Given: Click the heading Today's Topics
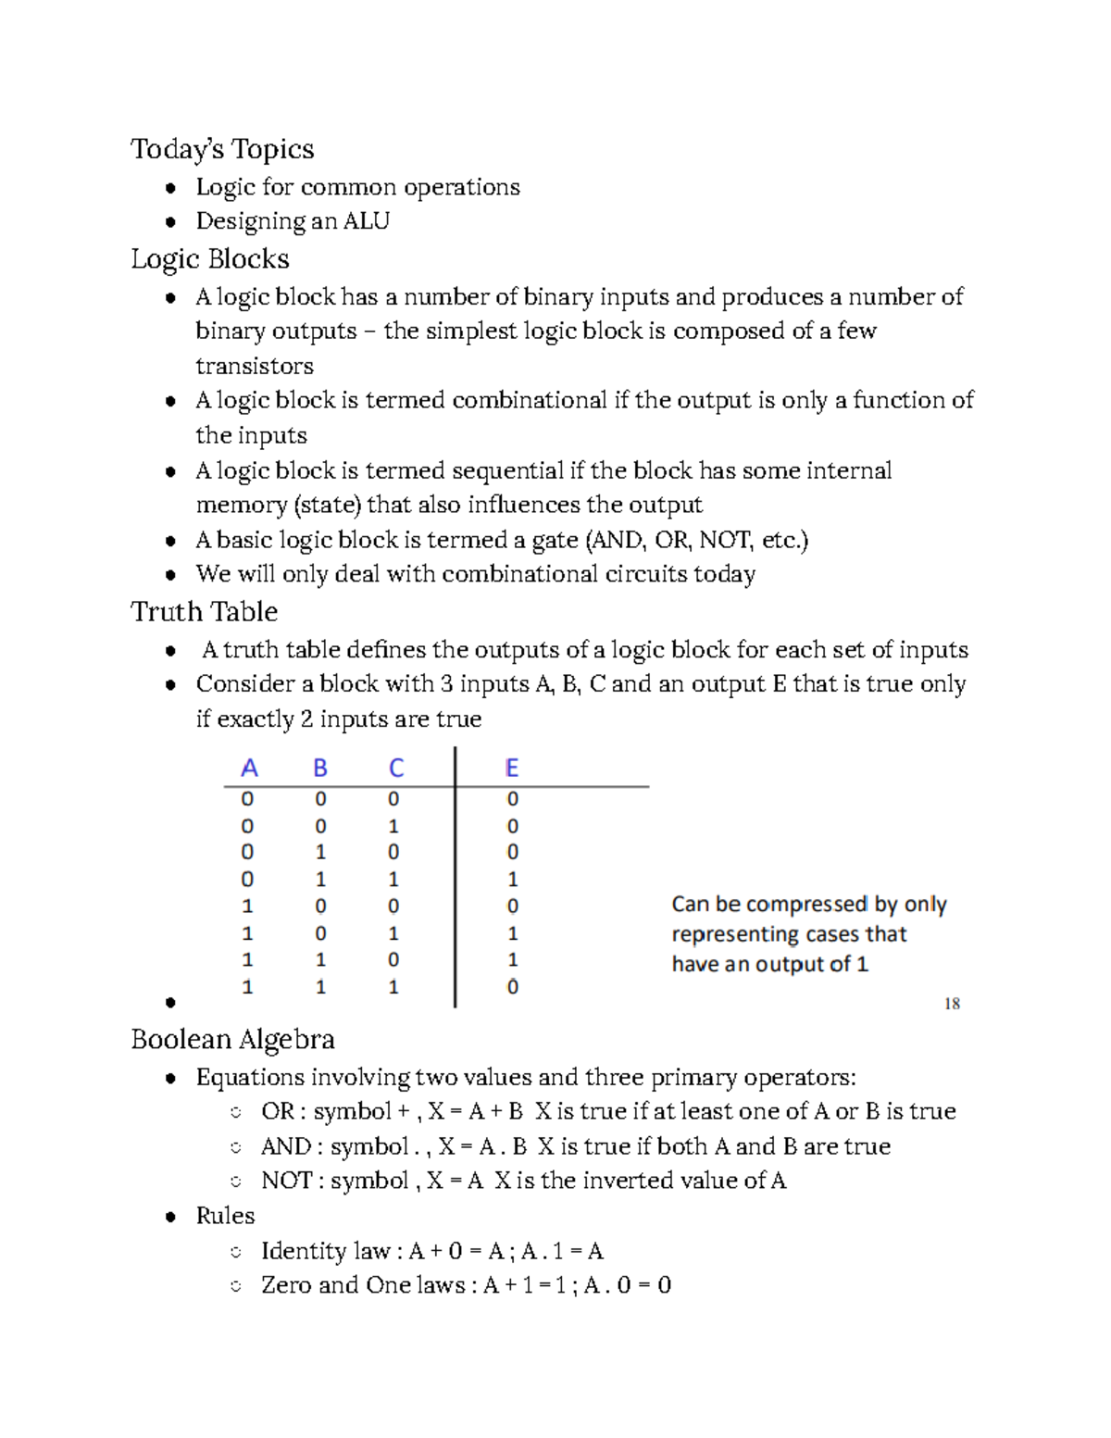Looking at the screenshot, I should click(x=222, y=149).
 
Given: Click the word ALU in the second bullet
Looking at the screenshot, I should click(x=367, y=221).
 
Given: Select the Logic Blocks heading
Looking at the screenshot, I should click(x=210, y=259).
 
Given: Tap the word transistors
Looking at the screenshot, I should click(x=255, y=366).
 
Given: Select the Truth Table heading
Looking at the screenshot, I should click(x=205, y=612).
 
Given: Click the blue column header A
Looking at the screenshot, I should click(x=249, y=769).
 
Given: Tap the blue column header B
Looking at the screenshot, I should click(x=320, y=769).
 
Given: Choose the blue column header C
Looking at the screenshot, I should click(x=395, y=769).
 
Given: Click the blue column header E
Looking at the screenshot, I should click(x=512, y=769).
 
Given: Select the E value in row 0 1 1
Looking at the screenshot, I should click(x=513, y=880).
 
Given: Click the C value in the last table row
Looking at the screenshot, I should click(x=393, y=988).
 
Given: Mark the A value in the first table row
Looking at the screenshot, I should click(x=247, y=799).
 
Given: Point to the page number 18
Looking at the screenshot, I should click(x=952, y=1004).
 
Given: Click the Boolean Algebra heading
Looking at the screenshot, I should click(x=232, y=1040).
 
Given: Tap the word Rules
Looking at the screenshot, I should click(x=225, y=1216).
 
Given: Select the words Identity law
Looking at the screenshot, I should click(x=325, y=1251).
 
